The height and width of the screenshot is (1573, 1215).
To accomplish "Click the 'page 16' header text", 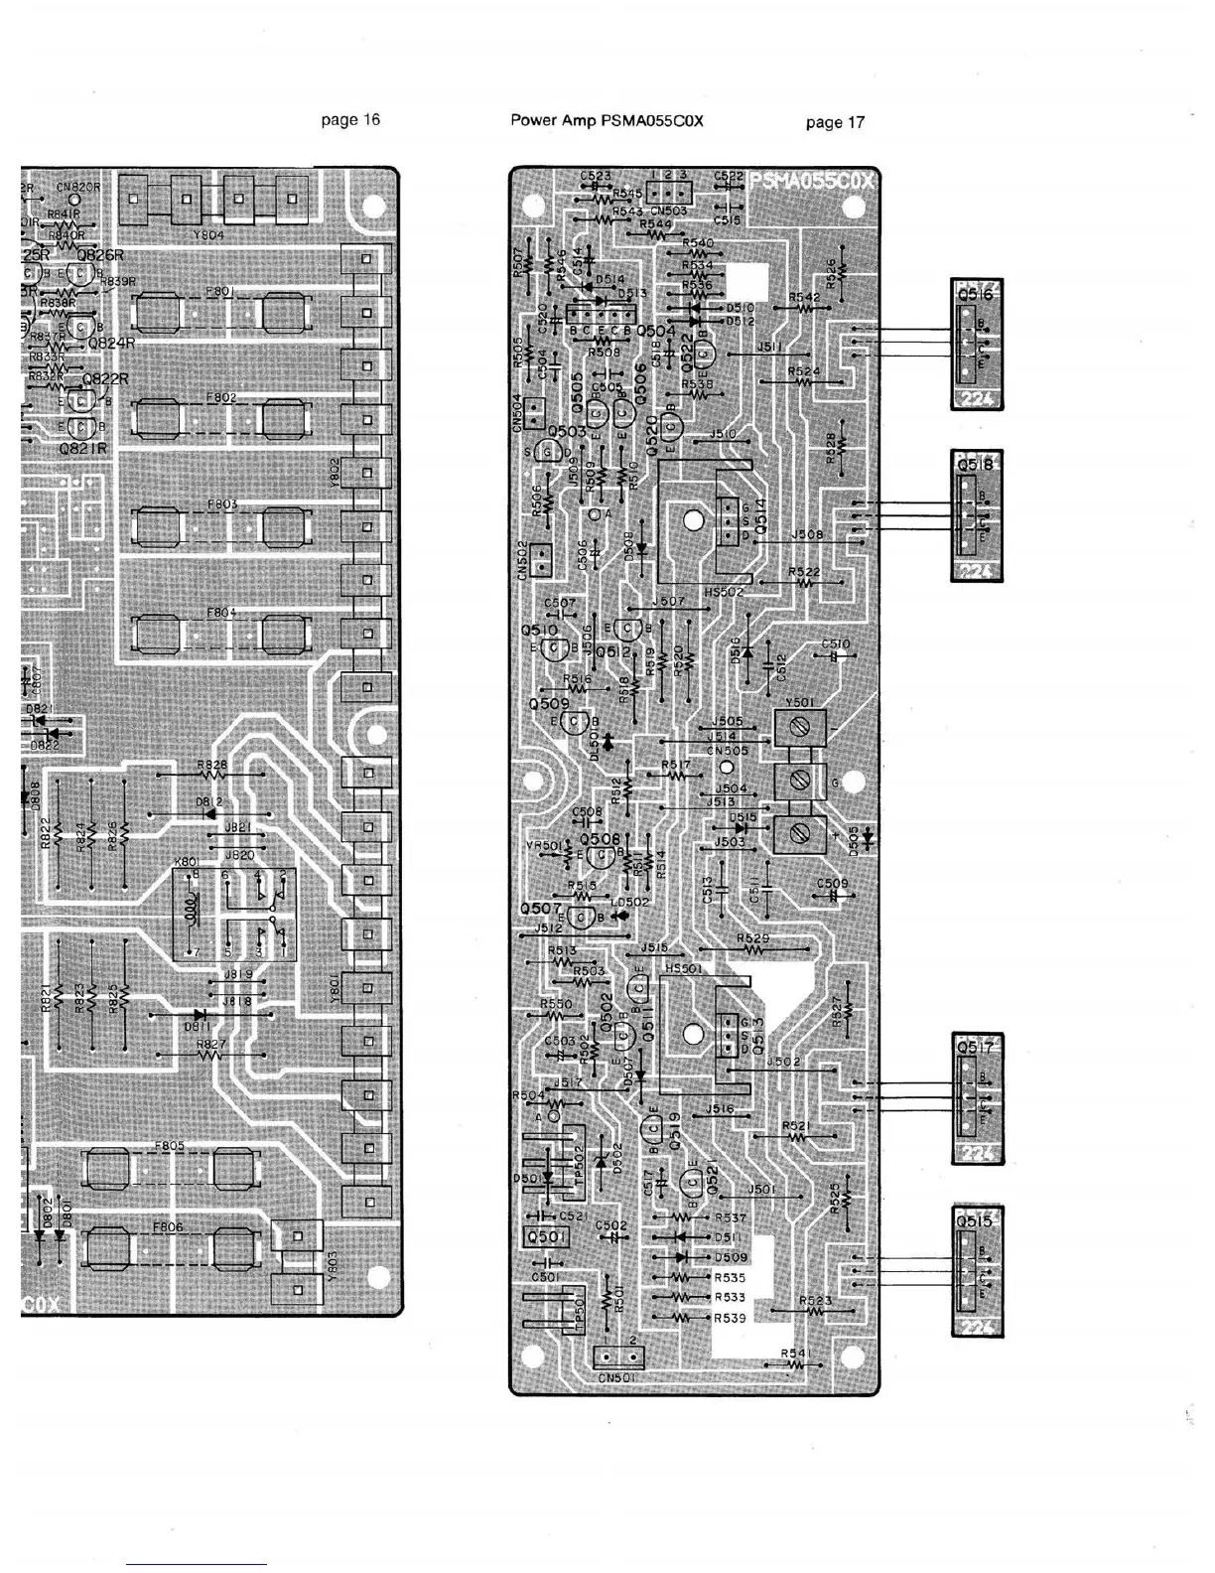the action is (350, 120).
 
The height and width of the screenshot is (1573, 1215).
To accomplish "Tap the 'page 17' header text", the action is (835, 123).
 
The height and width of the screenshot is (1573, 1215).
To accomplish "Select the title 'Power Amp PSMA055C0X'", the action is (607, 121).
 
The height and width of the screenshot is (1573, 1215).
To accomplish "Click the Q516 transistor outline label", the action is (976, 294).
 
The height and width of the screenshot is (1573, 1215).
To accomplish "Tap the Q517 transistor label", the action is (976, 1047).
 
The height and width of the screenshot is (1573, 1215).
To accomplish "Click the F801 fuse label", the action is (219, 291).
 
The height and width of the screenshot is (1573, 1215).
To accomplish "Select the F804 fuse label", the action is (220, 612).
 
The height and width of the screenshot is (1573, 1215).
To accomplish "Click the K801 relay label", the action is (188, 862).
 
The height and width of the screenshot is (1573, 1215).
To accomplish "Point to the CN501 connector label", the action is (616, 1377).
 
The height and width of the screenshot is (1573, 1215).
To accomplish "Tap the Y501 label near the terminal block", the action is (798, 701).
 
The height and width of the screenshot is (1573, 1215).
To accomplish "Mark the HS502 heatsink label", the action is (723, 593).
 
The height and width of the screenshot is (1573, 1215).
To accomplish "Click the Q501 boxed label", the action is (545, 1237).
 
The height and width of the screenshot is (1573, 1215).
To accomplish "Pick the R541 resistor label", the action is (795, 1352).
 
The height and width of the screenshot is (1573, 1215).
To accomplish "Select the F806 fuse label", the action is (169, 1226).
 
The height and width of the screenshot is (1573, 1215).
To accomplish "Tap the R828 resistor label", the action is (211, 765).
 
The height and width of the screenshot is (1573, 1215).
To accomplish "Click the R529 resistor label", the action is (752, 938).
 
